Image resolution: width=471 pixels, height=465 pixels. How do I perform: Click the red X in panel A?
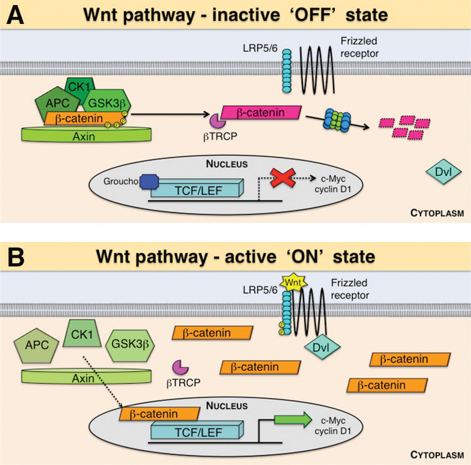pos(282,178)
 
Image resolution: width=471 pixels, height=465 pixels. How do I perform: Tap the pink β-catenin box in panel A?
pos(261,113)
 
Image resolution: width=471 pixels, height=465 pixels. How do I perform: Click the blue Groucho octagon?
pos(149,182)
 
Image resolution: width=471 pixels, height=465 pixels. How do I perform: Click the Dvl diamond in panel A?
pos(444,172)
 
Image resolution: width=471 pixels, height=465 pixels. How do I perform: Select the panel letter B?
pos(16,257)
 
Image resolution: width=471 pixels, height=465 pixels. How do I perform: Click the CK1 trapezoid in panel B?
pos(82,334)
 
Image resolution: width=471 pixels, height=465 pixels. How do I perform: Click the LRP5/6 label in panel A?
pos(260,48)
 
